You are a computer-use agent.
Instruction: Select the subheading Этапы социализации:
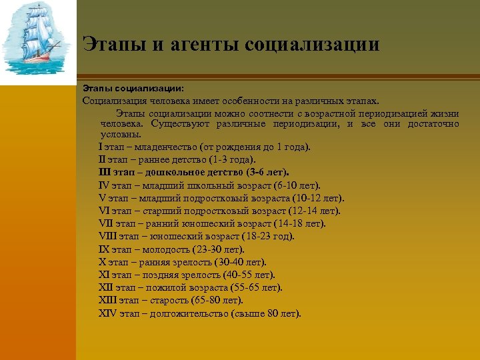(133, 87)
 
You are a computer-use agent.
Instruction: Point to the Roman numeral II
(102, 159)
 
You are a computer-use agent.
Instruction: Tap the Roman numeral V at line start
(101, 198)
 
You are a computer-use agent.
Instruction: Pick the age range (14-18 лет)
(300, 223)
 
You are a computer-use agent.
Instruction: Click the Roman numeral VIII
(107, 236)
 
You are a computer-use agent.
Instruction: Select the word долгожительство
(191, 313)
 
